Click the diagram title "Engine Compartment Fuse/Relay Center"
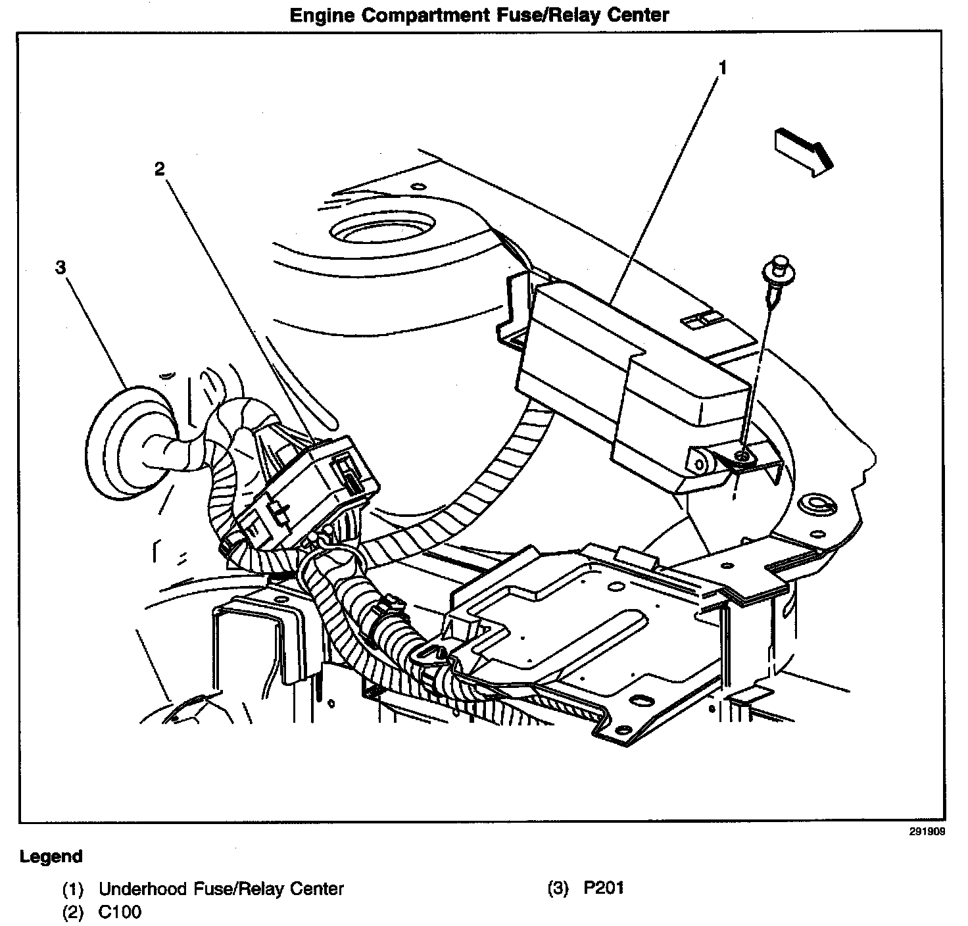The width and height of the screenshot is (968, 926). (479, 14)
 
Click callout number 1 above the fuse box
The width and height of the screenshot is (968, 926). (722, 67)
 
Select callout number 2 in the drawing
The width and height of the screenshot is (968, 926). (159, 168)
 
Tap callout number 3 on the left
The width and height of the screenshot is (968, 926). (60, 267)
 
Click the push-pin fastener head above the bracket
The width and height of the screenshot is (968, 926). (780, 264)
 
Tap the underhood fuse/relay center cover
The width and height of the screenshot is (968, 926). (631, 368)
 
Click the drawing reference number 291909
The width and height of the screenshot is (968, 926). (927, 831)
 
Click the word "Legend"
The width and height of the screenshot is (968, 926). (51, 856)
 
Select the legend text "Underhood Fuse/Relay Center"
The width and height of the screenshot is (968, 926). (221, 889)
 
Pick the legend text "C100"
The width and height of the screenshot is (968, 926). (120, 912)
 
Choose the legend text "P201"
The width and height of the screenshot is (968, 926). (604, 888)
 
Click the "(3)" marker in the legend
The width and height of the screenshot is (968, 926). (558, 889)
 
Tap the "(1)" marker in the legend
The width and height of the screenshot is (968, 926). (73, 890)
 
